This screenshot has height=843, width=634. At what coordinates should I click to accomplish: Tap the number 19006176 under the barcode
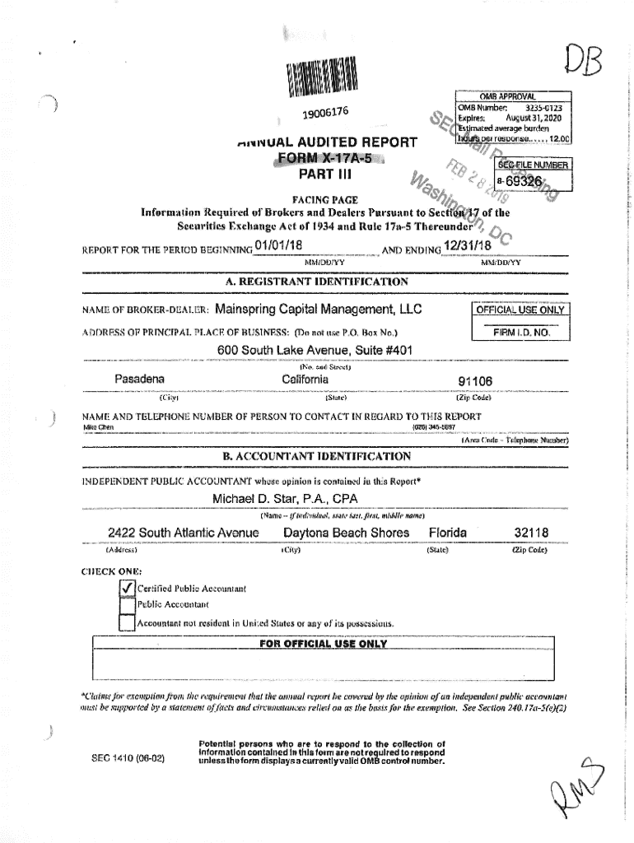click(x=325, y=112)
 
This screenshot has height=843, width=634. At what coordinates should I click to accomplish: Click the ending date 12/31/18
click(x=467, y=246)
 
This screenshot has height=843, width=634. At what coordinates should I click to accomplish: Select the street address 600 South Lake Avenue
click(x=315, y=351)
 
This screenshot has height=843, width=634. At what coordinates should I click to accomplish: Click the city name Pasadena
click(x=140, y=379)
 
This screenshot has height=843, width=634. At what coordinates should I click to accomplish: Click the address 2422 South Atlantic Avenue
click(x=183, y=533)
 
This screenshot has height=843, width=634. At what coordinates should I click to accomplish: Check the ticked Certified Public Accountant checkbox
click(x=127, y=588)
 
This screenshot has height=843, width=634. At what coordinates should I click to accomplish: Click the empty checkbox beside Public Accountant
click(x=127, y=605)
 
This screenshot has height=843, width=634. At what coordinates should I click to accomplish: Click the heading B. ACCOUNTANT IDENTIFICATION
click(x=317, y=455)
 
